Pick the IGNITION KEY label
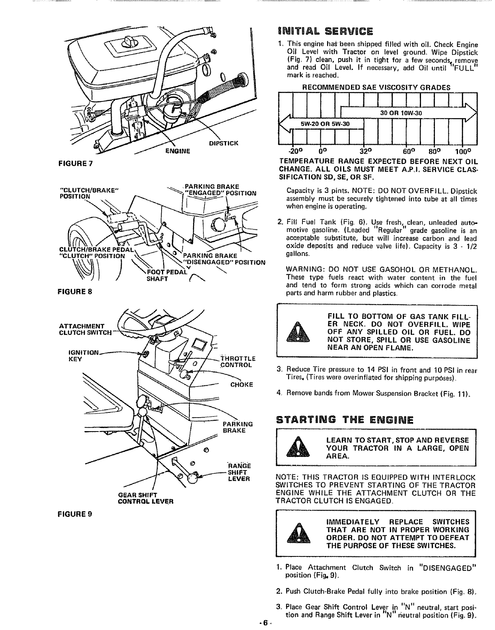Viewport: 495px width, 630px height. (78, 355)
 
